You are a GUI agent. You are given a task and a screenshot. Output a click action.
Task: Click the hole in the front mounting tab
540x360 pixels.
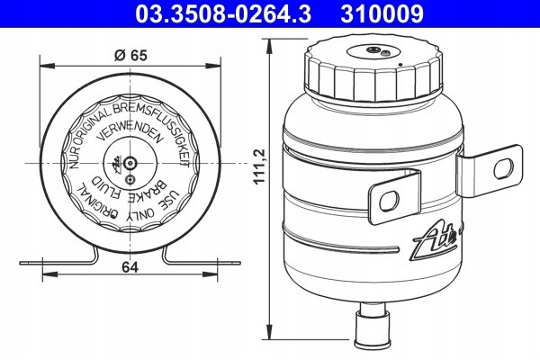pos(384,202)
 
